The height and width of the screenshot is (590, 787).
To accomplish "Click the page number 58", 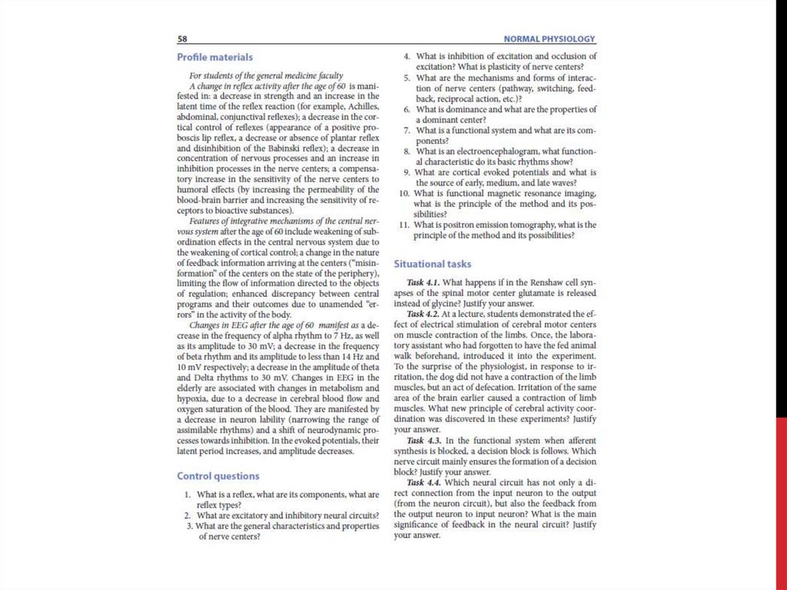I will click(x=183, y=38).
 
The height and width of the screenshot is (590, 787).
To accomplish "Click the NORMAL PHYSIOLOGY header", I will click(x=549, y=38).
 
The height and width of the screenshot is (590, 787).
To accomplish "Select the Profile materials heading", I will click(x=214, y=57).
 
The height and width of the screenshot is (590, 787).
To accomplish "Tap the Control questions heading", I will click(x=218, y=475).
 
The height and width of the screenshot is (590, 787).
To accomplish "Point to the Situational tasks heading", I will click(x=433, y=263).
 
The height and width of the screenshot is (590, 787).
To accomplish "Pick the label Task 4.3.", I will click(x=423, y=440).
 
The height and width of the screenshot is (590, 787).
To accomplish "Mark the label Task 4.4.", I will click(x=423, y=482).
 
